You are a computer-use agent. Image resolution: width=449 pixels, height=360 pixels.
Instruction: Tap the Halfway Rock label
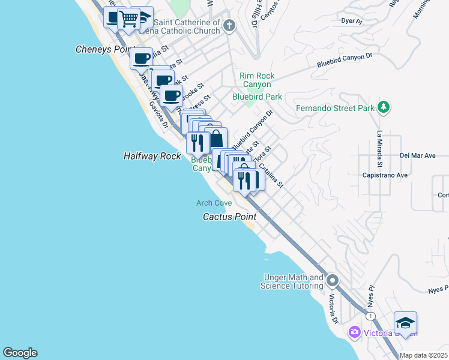pyautogui.click(x=152, y=155)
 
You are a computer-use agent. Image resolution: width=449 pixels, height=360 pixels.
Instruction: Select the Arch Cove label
pyautogui.click(x=214, y=203)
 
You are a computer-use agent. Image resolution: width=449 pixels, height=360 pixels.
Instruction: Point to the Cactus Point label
pyautogui.click(x=229, y=217)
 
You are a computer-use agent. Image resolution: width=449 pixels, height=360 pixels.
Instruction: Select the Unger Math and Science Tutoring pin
pyautogui.click(x=333, y=281)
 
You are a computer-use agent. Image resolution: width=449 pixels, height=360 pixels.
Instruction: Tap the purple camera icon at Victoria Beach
pyautogui.click(x=354, y=332)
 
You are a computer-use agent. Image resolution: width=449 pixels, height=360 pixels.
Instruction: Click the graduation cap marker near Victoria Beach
pyautogui.click(x=405, y=323)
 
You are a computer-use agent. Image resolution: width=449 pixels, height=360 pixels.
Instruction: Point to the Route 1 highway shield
pyautogui.click(x=372, y=316)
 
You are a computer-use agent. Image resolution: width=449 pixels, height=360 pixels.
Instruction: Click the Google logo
pyautogui.click(x=20, y=353)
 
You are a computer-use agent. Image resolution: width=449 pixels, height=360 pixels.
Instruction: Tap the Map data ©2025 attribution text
pyautogui.click(x=424, y=355)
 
